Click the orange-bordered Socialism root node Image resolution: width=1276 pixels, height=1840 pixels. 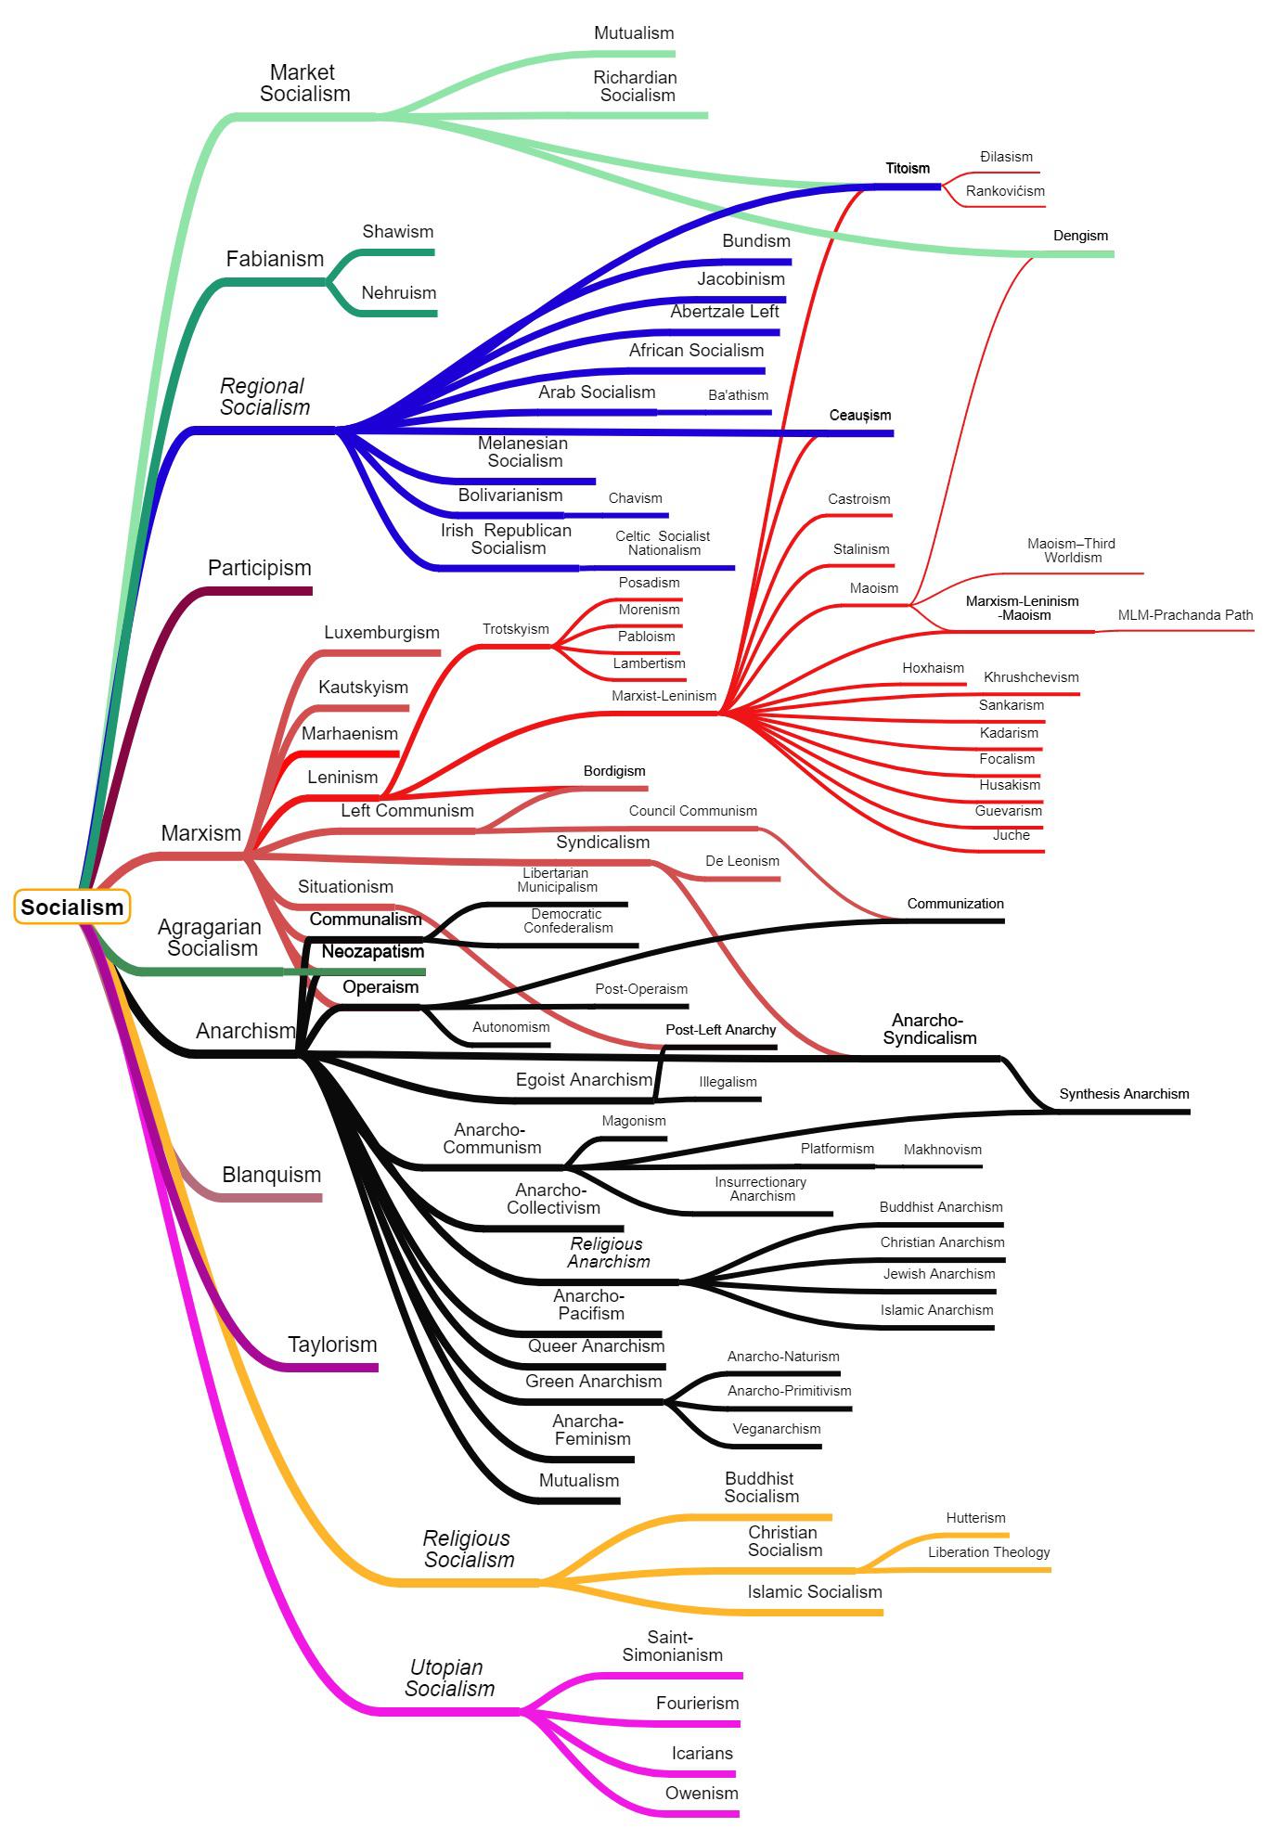(71, 907)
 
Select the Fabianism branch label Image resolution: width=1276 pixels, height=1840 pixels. (275, 259)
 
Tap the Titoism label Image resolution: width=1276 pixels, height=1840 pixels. (907, 168)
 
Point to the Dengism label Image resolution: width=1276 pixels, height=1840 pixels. (1080, 236)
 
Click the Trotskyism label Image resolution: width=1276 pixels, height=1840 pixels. (515, 629)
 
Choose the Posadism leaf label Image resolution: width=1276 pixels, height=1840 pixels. (649, 583)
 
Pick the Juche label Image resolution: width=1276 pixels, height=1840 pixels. (1011, 835)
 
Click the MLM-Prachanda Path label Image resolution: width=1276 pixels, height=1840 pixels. (1185, 615)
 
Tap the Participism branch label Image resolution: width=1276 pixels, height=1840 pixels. (259, 568)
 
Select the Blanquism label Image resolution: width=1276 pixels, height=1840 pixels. (271, 1175)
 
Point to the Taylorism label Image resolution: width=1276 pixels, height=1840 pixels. (332, 1345)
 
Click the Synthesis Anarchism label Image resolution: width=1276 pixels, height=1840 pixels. (1124, 1094)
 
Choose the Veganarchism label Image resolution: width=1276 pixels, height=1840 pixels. (777, 1429)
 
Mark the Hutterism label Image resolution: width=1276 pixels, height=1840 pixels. (975, 1518)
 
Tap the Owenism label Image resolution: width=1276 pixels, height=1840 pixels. (702, 1794)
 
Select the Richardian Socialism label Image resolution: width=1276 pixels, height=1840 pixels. (636, 86)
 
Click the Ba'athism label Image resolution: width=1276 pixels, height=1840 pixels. (738, 395)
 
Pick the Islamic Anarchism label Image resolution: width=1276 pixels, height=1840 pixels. (936, 1310)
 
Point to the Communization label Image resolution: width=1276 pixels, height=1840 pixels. (955, 904)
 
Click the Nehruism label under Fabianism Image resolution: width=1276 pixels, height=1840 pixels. (398, 293)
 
